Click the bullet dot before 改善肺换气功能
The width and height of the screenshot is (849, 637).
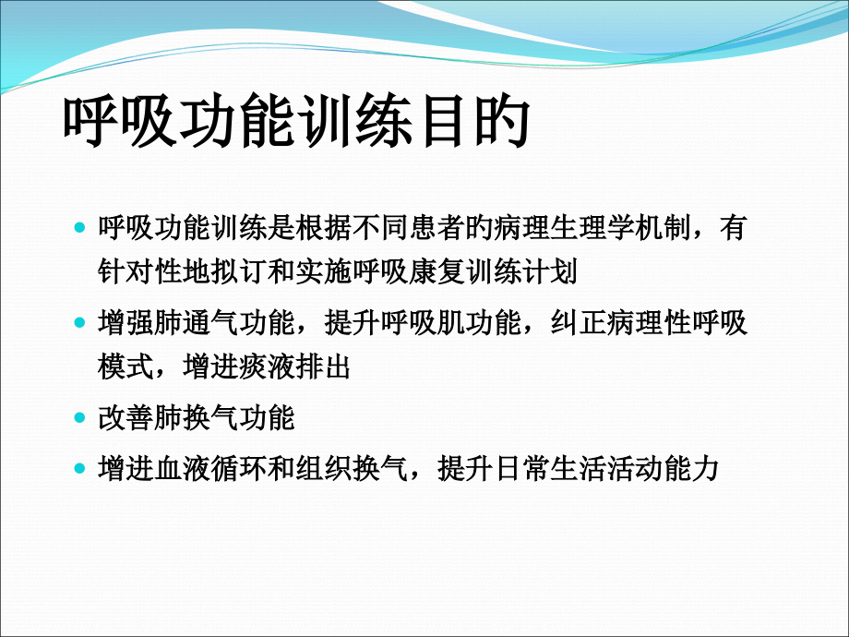coord(79,418)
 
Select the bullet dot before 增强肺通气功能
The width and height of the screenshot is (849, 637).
coord(79,324)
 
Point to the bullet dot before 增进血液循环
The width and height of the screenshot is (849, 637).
coord(79,468)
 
